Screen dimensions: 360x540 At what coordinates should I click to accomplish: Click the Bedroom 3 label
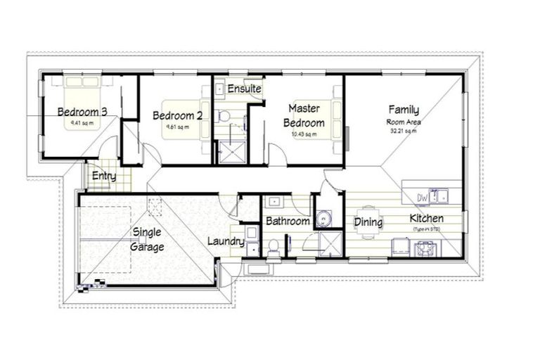coord(82,112)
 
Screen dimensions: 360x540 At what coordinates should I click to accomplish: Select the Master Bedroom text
coord(304,116)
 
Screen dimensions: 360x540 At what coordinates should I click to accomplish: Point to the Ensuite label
coord(244,89)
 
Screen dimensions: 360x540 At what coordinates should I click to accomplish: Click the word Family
coord(404,110)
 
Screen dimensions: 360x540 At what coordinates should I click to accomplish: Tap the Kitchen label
coord(427,219)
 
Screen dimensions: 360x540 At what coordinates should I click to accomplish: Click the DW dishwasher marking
coord(423,198)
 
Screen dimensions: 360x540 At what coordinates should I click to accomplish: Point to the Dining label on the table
coord(368,223)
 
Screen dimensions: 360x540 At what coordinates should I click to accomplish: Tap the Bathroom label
coord(288,221)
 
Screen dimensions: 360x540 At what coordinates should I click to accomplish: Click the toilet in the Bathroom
coord(274,246)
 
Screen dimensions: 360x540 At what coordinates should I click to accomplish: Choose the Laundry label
coord(226,242)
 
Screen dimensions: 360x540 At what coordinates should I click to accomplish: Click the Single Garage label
coord(148,240)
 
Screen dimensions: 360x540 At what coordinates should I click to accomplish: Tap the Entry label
coord(103,176)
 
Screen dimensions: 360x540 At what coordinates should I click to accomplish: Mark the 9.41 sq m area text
coord(82,123)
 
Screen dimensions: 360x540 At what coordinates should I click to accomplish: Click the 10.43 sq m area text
coord(304,134)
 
